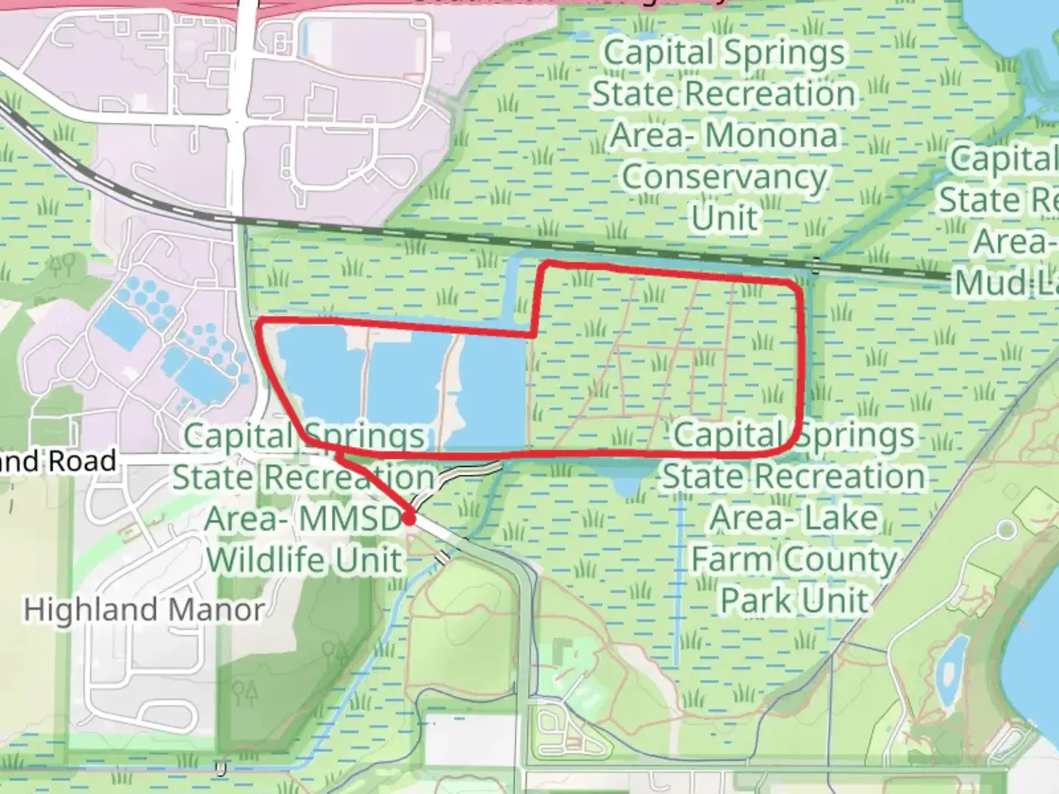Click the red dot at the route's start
click(409, 518)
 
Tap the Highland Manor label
click(144, 610)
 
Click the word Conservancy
click(724, 177)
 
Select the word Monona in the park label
click(771, 136)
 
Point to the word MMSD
click(351, 519)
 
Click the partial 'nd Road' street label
click(59, 462)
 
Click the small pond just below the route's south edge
click(626, 478)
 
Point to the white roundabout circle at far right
click(1006, 529)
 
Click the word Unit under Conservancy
click(724, 218)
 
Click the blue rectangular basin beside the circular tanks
click(121, 326)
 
